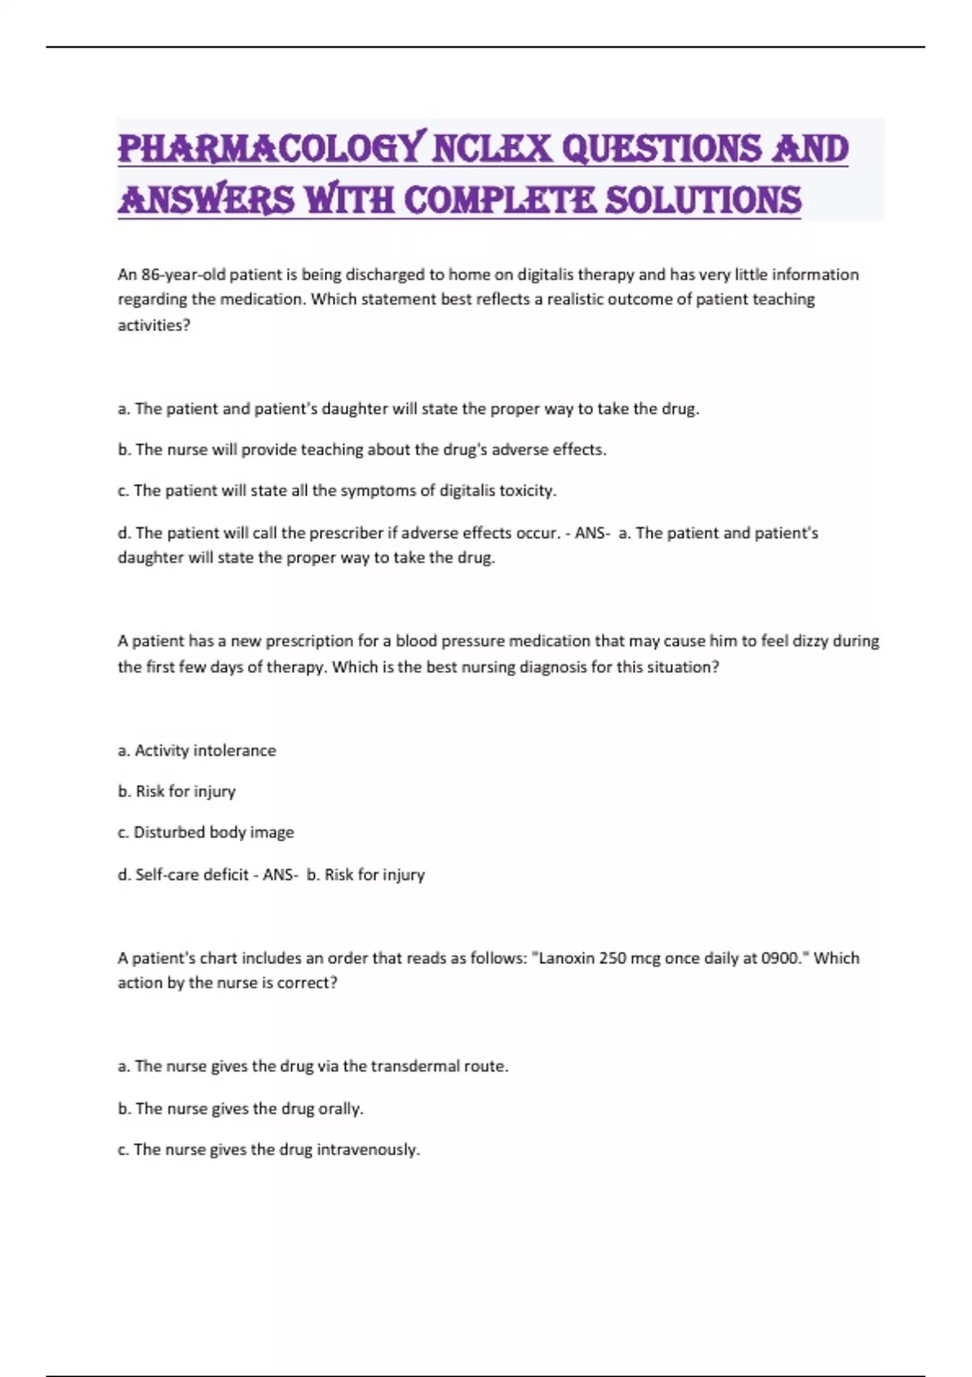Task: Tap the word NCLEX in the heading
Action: pos(492,149)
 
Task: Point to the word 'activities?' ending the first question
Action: pos(154,325)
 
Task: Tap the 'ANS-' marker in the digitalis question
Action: pos(592,533)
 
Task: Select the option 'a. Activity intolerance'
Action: pos(197,751)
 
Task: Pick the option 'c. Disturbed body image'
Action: pos(206,833)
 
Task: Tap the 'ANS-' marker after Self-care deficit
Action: pos(280,875)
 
